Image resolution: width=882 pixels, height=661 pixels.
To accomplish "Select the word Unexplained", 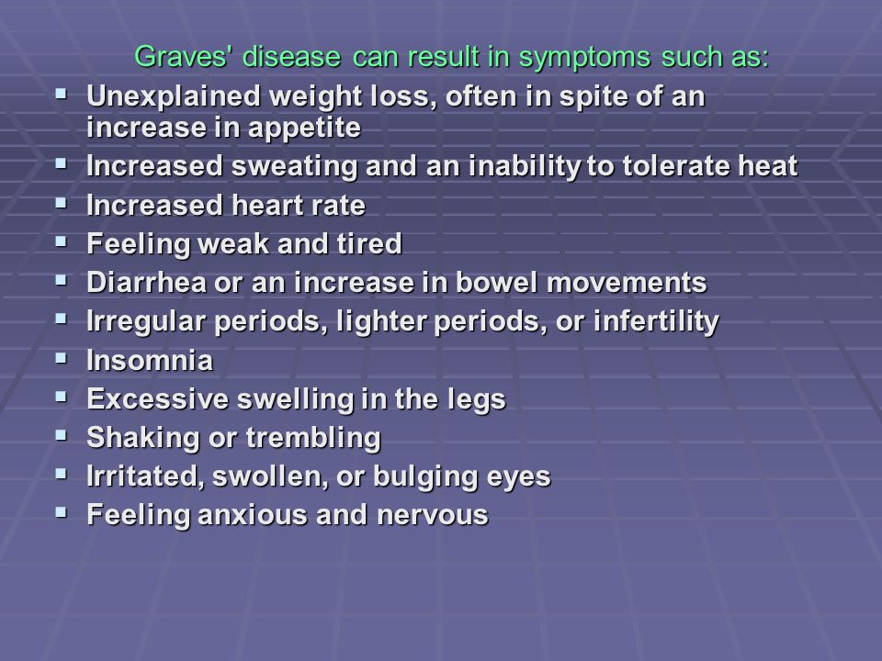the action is click(x=174, y=96).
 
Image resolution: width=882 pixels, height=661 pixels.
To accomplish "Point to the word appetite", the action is click(x=304, y=129).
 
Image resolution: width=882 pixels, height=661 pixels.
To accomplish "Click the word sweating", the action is click(x=295, y=167).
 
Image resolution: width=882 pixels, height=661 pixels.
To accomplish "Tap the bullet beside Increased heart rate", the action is click(x=61, y=203).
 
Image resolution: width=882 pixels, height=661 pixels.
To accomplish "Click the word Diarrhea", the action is click(x=146, y=282).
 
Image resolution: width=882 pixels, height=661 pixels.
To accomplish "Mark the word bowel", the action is click(x=497, y=282).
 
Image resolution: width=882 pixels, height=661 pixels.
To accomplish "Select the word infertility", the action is click(x=656, y=322).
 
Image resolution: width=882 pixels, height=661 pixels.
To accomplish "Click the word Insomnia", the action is click(x=150, y=360).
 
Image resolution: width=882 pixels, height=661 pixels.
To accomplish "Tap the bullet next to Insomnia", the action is click(x=61, y=358).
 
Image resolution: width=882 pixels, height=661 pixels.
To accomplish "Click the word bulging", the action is click(x=425, y=477).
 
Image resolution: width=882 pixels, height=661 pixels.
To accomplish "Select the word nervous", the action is click(x=432, y=515).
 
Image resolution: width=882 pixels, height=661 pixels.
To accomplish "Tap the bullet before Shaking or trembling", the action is click(x=61, y=435).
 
